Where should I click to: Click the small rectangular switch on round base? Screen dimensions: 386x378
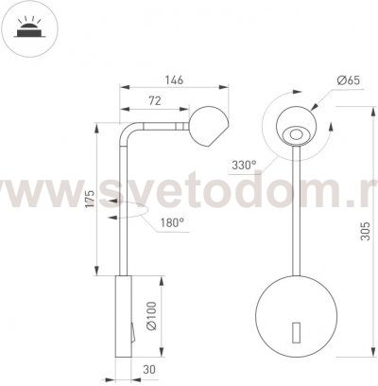coord(295,332)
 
